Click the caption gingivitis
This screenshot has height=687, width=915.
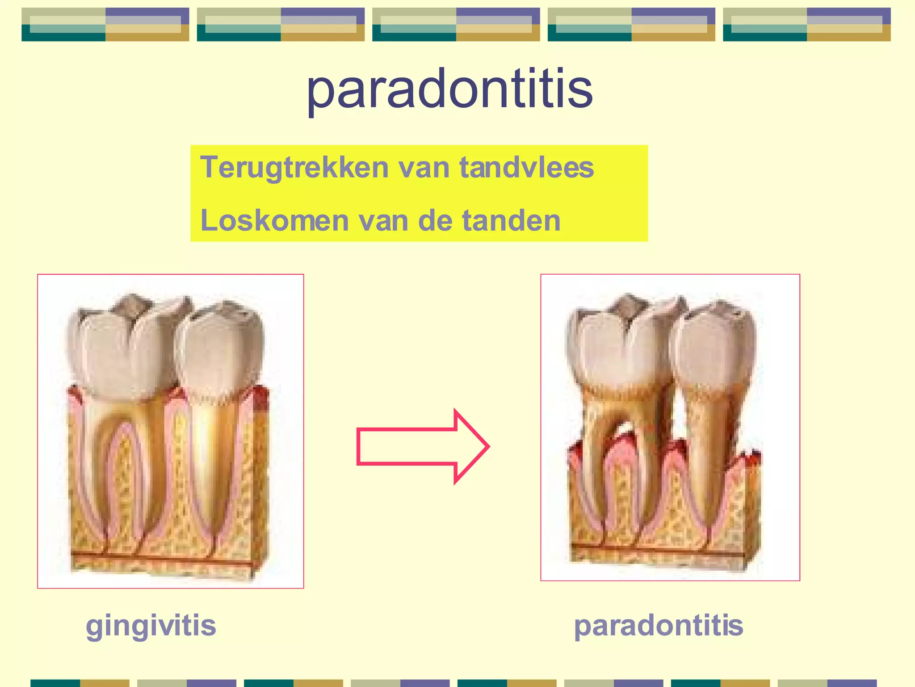point(151,625)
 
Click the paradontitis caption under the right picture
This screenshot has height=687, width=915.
point(658,625)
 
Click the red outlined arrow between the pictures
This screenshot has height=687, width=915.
point(422,446)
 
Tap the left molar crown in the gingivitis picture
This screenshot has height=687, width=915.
point(121,349)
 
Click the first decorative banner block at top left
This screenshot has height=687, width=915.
point(105,25)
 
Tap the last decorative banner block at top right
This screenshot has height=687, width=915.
point(806,25)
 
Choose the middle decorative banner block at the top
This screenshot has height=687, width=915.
point(456,25)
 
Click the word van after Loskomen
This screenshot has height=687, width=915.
point(384,221)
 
